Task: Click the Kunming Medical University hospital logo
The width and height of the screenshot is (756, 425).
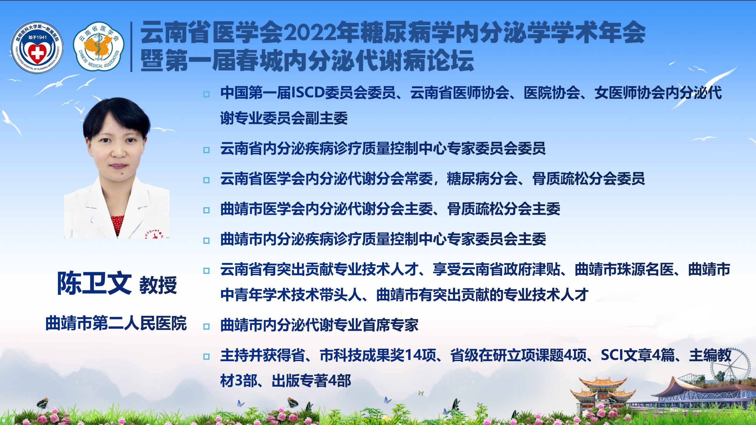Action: [37, 47]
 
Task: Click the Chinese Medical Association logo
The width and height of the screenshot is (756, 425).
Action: [99, 46]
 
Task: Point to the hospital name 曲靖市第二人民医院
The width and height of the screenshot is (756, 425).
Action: [116, 323]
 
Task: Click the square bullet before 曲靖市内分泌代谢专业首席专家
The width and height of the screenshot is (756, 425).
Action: [206, 326]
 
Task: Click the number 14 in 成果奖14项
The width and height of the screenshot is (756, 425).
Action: [413, 355]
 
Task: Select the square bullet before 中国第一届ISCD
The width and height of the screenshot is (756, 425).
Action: [206, 94]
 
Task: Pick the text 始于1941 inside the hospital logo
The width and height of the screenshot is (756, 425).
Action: [38, 37]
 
